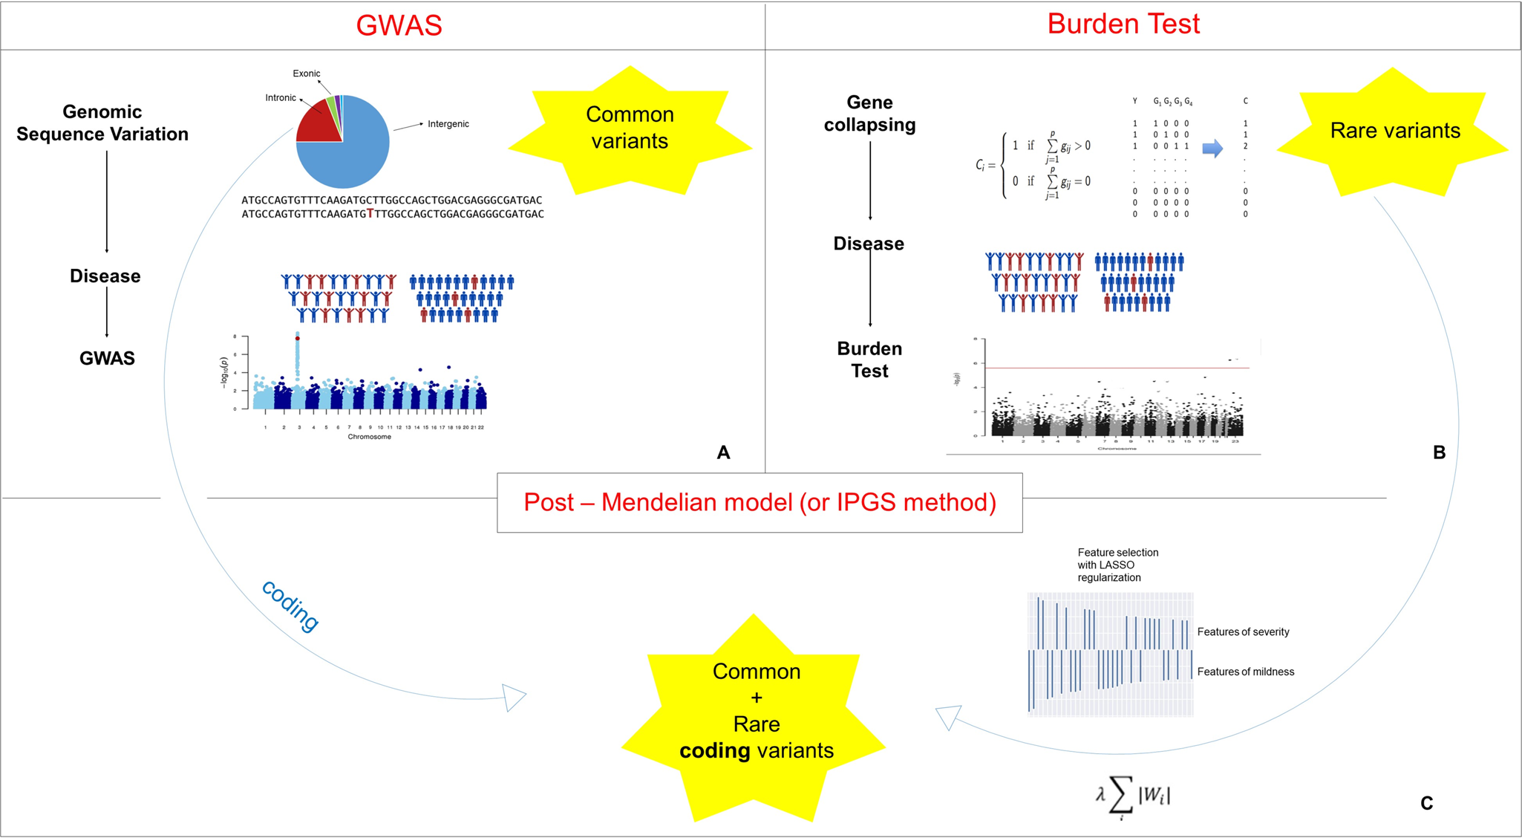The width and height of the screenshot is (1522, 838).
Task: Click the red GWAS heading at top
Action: (x=399, y=25)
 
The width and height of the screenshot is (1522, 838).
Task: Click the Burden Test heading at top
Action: (x=1123, y=24)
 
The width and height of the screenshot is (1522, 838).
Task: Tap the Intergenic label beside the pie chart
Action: (x=448, y=124)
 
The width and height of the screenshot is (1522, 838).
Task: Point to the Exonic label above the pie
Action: (x=306, y=74)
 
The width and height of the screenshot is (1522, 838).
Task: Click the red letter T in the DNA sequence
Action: (x=370, y=214)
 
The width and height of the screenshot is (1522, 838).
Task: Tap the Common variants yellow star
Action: (x=630, y=128)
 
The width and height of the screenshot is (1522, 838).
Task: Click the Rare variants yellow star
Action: (x=1394, y=131)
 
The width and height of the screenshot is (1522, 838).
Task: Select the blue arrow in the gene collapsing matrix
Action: (x=1212, y=149)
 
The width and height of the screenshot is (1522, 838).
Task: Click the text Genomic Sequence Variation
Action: (x=102, y=123)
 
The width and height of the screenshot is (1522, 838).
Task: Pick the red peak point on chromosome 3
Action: (x=298, y=339)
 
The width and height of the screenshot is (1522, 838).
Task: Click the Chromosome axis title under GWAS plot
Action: (x=369, y=437)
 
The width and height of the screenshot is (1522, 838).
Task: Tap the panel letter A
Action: (x=723, y=452)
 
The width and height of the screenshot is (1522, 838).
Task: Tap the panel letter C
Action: (x=1426, y=803)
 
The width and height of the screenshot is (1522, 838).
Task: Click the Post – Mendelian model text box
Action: (x=760, y=503)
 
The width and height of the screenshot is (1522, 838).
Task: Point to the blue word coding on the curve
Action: (x=290, y=605)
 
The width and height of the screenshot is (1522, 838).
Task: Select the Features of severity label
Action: (x=1243, y=632)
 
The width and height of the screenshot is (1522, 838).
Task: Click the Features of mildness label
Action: (x=1245, y=672)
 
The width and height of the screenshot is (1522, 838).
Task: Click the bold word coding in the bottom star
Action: (x=714, y=751)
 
